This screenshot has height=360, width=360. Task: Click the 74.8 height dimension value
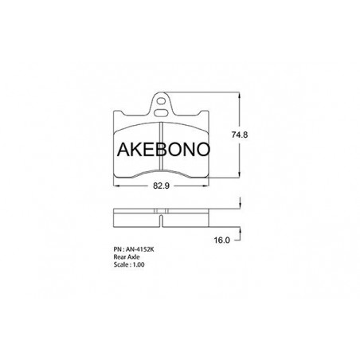(240, 135)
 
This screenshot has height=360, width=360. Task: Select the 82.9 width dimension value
(161, 186)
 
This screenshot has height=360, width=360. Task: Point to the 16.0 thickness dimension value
(221, 241)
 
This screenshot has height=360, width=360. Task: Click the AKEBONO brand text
(163, 149)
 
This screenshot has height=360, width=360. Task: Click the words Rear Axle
(127, 257)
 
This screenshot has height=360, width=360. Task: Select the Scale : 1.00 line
(129, 264)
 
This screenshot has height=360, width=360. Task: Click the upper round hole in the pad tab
(160, 101)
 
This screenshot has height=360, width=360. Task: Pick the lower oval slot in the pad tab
(161, 113)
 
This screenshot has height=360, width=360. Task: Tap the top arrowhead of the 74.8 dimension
(240, 95)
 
